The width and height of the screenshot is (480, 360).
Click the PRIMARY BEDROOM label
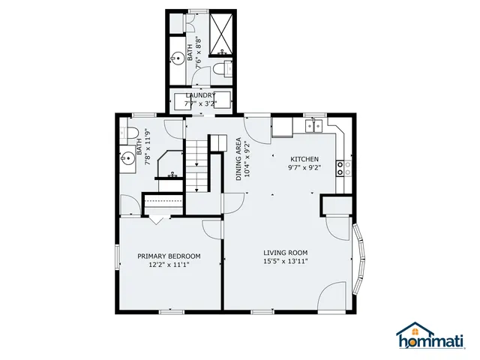[169, 256]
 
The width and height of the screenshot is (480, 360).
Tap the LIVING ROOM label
[285, 253]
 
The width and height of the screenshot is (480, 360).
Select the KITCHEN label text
[304, 160]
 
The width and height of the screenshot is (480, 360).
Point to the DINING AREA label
[239, 159]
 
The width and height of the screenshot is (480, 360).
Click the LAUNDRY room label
[200, 95]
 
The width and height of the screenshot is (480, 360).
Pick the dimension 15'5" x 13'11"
[285, 262]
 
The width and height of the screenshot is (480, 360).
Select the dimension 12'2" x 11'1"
[169, 265]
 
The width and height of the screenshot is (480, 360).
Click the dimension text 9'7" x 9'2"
[304, 168]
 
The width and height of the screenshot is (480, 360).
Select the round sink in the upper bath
[177, 56]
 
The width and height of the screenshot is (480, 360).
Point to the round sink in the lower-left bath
[128, 158]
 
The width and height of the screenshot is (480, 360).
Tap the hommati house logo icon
[411, 329]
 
